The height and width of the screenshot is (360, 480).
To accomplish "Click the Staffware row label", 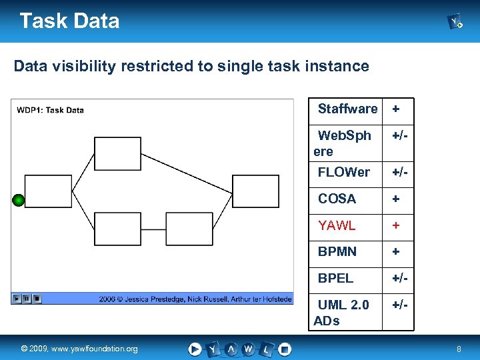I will pos(347,109).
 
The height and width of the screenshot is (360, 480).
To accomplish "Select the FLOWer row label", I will pos(343,172).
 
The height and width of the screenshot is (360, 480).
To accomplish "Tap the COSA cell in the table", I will pos(337,199).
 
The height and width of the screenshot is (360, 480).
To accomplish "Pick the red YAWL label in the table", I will pos(337,225).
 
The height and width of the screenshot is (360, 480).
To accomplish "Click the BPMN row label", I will pos(337,251).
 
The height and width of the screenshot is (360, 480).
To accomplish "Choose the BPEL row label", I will pos(335,278).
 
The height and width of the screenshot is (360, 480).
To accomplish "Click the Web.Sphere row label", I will pos(343,143).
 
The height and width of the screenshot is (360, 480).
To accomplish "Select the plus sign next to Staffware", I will pos(396,109).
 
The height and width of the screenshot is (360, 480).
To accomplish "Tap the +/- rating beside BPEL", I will pos(400,278).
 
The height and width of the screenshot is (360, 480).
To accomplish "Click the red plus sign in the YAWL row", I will pos(396,225).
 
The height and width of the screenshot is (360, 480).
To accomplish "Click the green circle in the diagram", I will pos(19,200).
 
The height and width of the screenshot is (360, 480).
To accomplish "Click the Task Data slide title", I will pos(69,21).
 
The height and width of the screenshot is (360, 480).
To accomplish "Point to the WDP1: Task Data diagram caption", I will pos(50,110).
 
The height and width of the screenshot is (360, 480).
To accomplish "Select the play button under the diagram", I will pos(17,299).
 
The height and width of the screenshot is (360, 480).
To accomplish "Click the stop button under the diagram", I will pos(37,299).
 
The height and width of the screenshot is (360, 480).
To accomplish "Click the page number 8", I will pos(459,349).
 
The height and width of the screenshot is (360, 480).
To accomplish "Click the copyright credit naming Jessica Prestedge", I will pos(195,299).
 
